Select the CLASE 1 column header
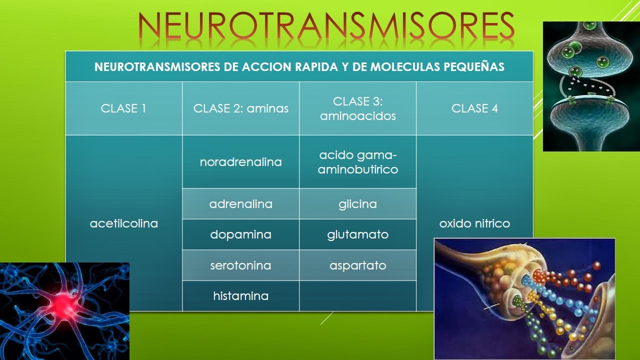coord(123,108)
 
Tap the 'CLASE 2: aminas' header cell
coord(240,108)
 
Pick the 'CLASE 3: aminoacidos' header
coord(357,108)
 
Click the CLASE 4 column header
coord(474,108)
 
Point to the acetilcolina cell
coord(123,223)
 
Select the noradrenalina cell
coord(240,162)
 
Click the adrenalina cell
coord(240,204)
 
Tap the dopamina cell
coord(240,234)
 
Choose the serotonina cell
coord(240,265)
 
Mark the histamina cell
coord(240,296)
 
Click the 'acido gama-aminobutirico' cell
coord(357,162)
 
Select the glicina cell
coord(357,204)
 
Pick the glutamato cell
coord(357,234)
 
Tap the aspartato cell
coord(357,265)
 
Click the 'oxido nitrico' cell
coord(474,223)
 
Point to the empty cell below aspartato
coord(357,296)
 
